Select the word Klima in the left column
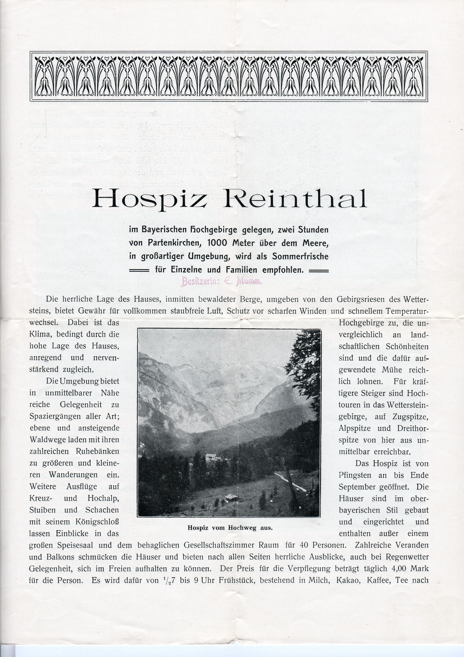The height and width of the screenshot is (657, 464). click(40, 334)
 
